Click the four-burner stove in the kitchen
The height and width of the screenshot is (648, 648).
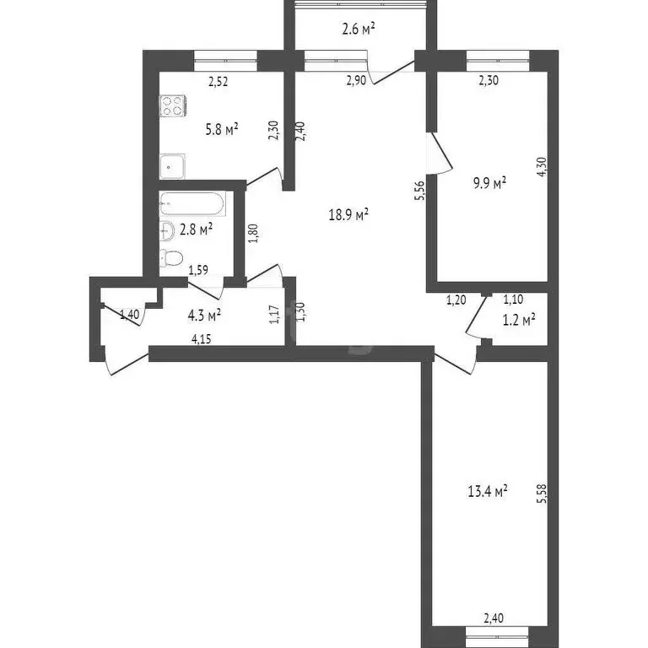click(x=173, y=105)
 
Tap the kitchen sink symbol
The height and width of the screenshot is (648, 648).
click(x=172, y=166)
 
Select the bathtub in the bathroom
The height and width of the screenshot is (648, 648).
click(x=192, y=203)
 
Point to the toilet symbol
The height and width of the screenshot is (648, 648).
click(x=171, y=258)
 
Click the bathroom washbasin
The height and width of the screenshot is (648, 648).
click(x=167, y=231)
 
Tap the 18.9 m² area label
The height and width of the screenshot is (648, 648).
click(x=348, y=214)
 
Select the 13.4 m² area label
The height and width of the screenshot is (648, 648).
click(x=488, y=491)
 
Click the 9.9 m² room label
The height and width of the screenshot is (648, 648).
click(x=490, y=182)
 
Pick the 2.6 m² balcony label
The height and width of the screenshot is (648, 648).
click(x=359, y=29)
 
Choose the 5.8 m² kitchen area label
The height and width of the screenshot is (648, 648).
click(x=222, y=130)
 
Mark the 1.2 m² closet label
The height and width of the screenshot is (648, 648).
click(x=520, y=320)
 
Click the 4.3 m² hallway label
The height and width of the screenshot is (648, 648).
click(x=204, y=316)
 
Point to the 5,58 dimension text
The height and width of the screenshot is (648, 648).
click(x=542, y=494)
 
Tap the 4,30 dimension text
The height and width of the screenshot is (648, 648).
click(x=542, y=167)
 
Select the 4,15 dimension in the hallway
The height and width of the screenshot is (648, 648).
click(x=202, y=339)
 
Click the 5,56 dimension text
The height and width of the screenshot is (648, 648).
click(x=419, y=191)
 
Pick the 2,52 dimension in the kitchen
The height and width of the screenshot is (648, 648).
click(x=219, y=81)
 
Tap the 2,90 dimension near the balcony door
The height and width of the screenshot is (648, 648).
click(x=356, y=80)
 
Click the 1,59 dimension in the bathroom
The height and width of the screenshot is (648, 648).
click(x=198, y=270)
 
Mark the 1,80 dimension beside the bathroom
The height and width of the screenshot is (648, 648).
click(x=254, y=233)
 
